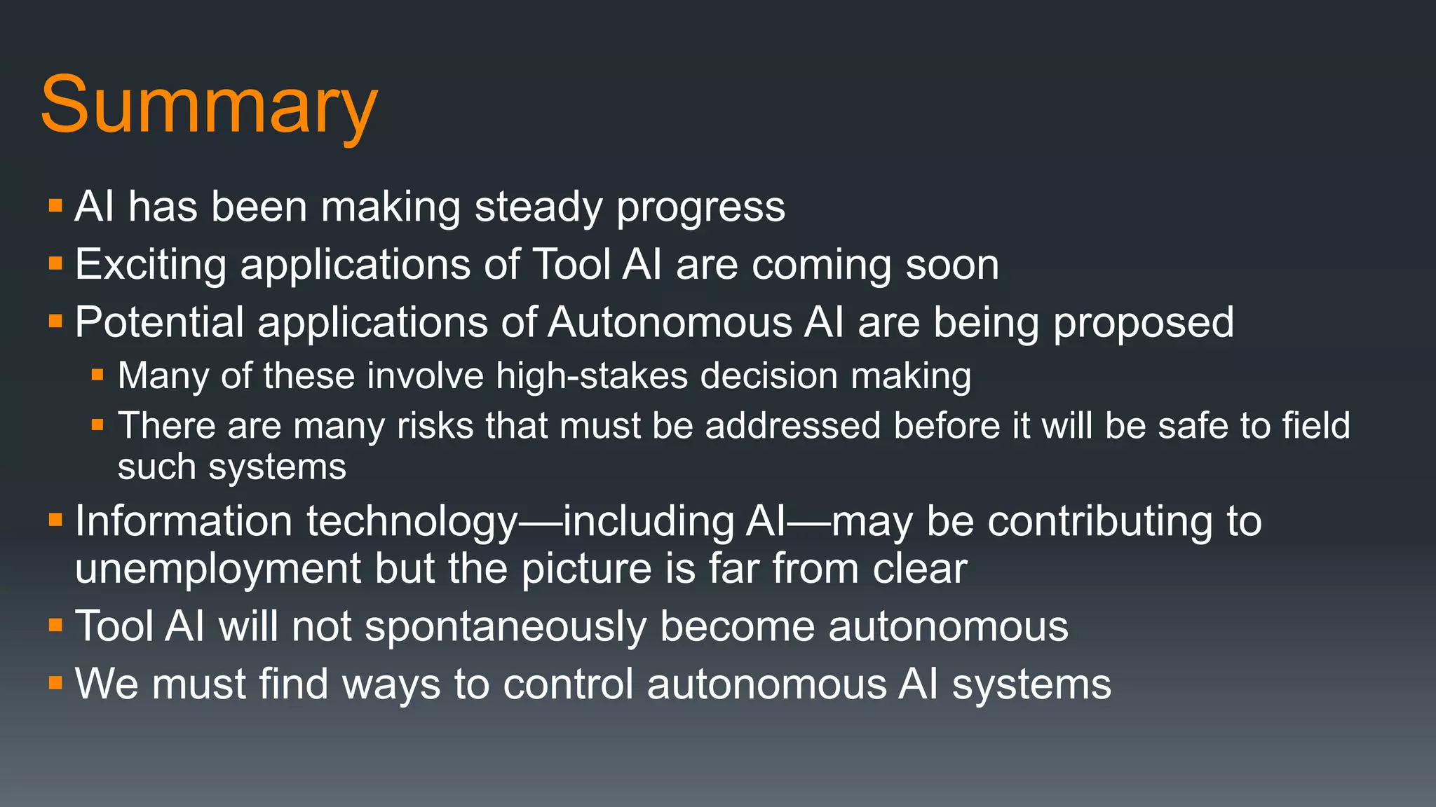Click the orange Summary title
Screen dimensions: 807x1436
pos(209,106)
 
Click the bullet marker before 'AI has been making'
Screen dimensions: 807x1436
pos(56,207)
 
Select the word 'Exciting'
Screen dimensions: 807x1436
pos(150,265)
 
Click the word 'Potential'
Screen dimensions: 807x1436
pos(159,322)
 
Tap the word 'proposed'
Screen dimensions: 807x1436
pos(1143,324)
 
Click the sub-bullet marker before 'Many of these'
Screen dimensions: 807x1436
pos(97,375)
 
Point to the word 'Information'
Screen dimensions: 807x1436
pos(183,522)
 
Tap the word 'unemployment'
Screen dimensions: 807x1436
pos(217,569)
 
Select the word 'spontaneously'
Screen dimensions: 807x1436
pos(506,627)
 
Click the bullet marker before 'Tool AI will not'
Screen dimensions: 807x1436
pos(56,625)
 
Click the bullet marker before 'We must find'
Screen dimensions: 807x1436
pos(56,682)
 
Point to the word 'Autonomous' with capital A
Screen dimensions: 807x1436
pos(670,323)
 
